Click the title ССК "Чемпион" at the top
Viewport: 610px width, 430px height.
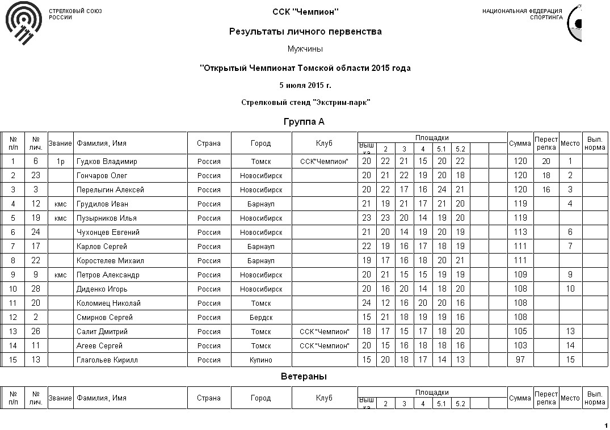pyautogui.click(x=305, y=11)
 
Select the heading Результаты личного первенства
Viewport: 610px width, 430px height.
pyautogui.click(x=305, y=32)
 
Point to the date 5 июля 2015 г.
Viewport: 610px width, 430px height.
pyautogui.click(x=305, y=85)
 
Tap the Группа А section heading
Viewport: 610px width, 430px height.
pyautogui.click(x=304, y=122)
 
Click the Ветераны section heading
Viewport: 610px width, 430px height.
pyautogui.click(x=304, y=377)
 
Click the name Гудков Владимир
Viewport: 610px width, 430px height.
pyautogui.click(x=107, y=162)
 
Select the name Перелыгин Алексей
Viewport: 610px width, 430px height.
pyautogui.click(x=110, y=190)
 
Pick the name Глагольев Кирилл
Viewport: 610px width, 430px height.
pyautogui.click(x=107, y=360)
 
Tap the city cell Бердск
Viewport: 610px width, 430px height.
pyautogui.click(x=261, y=318)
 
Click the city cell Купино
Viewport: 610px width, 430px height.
pyautogui.click(x=261, y=360)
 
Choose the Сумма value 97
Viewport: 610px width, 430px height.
pyautogui.click(x=520, y=360)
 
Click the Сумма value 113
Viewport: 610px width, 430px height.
pyautogui.click(x=520, y=233)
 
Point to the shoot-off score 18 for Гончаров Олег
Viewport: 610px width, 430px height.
pyautogui.click(x=546, y=176)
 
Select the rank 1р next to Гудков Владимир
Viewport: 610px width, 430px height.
pyautogui.click(x=60, y=162)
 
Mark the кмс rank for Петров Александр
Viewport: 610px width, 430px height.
pyautogui.click(x=60, y=275)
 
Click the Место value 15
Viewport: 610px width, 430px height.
pyautogui.click(x=570, y=360)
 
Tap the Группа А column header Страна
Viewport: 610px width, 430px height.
pyautogui.click(x=209, y=144)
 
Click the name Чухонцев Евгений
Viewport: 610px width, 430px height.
pyautogui.click(x=108, y=233)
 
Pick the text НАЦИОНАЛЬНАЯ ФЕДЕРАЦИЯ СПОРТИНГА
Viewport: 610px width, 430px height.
pyautogui.click(x=522, y=14)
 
